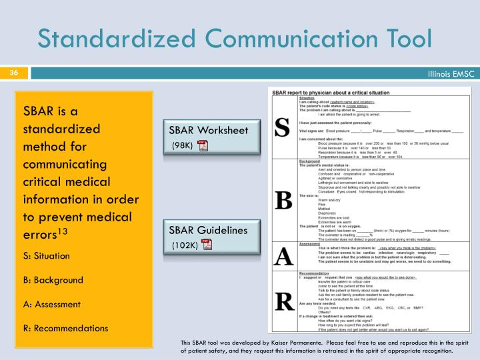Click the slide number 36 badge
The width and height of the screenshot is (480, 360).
[13, 73]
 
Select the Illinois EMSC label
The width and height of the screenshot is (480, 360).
[450, 73]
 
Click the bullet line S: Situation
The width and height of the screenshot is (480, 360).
[47, 255]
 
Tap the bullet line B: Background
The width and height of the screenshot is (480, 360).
[53, 280]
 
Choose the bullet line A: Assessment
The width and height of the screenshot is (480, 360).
[52, 304]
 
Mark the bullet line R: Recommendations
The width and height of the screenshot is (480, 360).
[65, 328]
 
